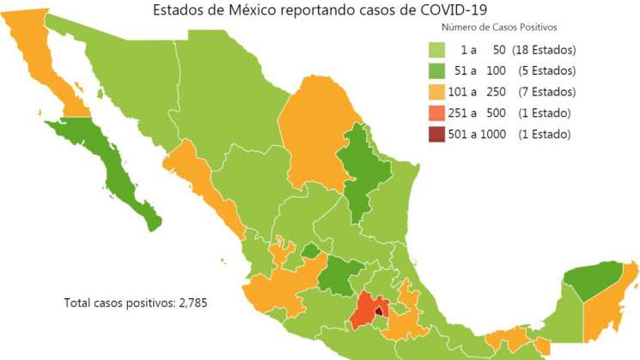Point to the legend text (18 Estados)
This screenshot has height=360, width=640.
click(544, 50)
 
